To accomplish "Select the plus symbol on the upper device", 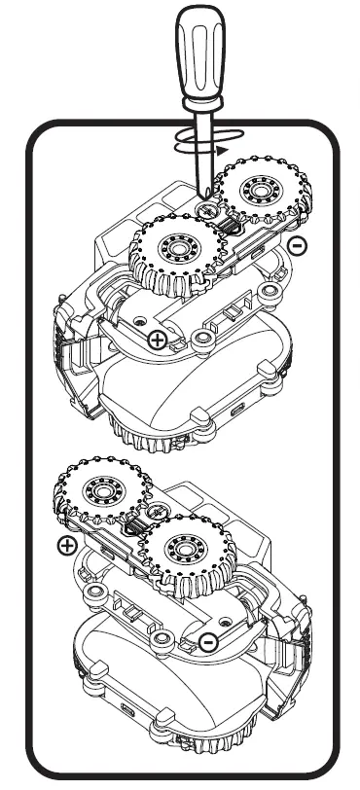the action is pyautogui.click(x=156, y=339).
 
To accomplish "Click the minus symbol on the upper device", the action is pyautogui.click(x=300, y=245).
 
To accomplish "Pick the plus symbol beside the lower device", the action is pyautogui.click(x=66, y=545).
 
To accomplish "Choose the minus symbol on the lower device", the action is pyautogui.click(x=207, y=640).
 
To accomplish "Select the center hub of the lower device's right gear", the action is pyautogui.click(x=182, y=553).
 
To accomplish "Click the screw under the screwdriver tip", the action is pyautogui.click(x=207, y=209).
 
